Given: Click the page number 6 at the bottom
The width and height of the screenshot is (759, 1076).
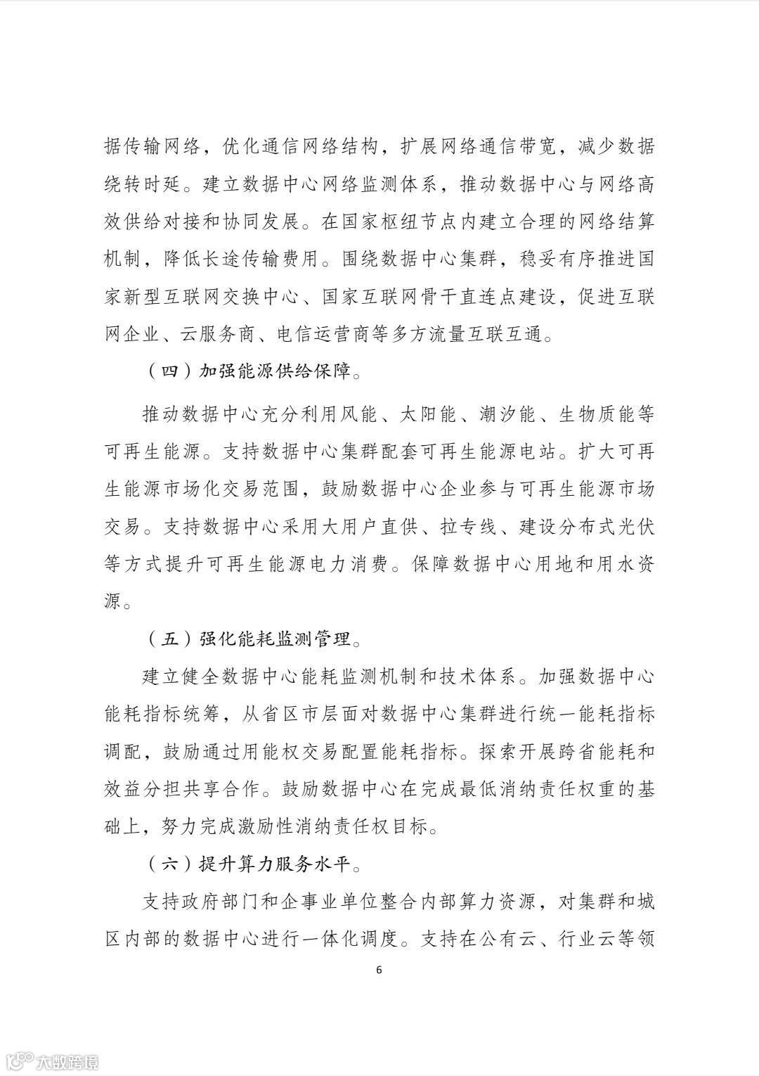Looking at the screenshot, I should (379, 970).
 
